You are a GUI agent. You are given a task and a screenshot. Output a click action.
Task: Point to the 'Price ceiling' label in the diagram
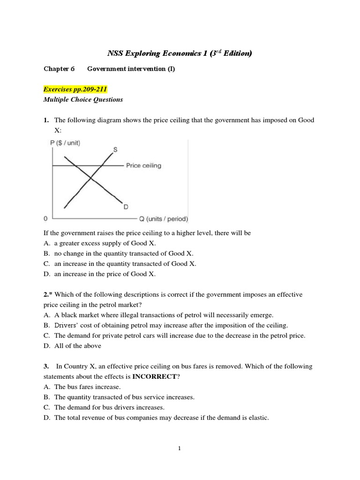pyautogui.click(x=143, y=165)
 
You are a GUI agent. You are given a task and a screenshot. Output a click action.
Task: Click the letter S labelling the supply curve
pyautogui.click(x=115, y=150)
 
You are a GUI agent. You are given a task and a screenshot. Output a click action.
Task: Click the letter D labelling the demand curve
pyautogui.click(x=126, y=207)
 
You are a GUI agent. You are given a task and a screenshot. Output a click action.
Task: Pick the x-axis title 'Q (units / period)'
pyautogui.click(x=163, y=219)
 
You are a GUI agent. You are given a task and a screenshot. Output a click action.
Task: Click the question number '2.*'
pyautogui.click(x=48, y=294)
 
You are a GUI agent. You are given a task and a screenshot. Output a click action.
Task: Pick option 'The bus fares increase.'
pyautogui.click(x=87, y=387)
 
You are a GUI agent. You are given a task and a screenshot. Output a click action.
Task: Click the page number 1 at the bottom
pyautogui.click(x=180, y=449)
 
